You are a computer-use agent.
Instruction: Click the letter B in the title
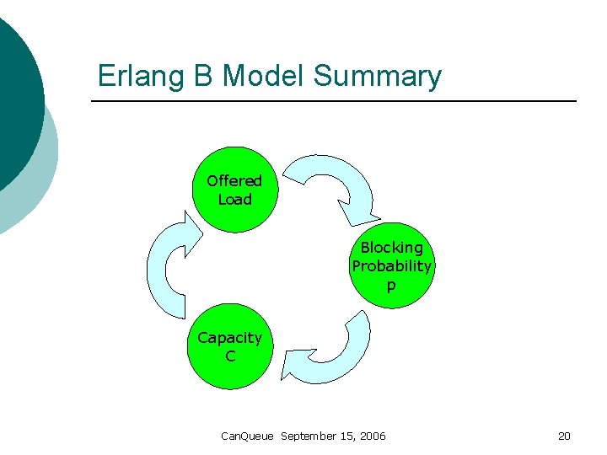click(x=202, y=76)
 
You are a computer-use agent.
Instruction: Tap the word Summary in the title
click(x=377, y=76)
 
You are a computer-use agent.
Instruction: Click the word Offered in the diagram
click(x=234, y=180)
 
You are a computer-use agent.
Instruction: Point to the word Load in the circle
click(x=234, y=200)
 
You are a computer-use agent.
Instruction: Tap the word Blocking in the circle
click(x=391, y=248)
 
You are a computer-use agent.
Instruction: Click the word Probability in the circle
click(x=391, y=266)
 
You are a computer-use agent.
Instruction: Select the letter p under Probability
click(x=390, y=286)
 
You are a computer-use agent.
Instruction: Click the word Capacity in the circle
click(x=229, y=338)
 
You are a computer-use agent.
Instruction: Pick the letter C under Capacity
click(x=229, y=356)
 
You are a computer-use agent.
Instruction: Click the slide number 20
click(x=564, y=436)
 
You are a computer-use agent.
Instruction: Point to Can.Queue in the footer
click(x=247, y=436)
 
